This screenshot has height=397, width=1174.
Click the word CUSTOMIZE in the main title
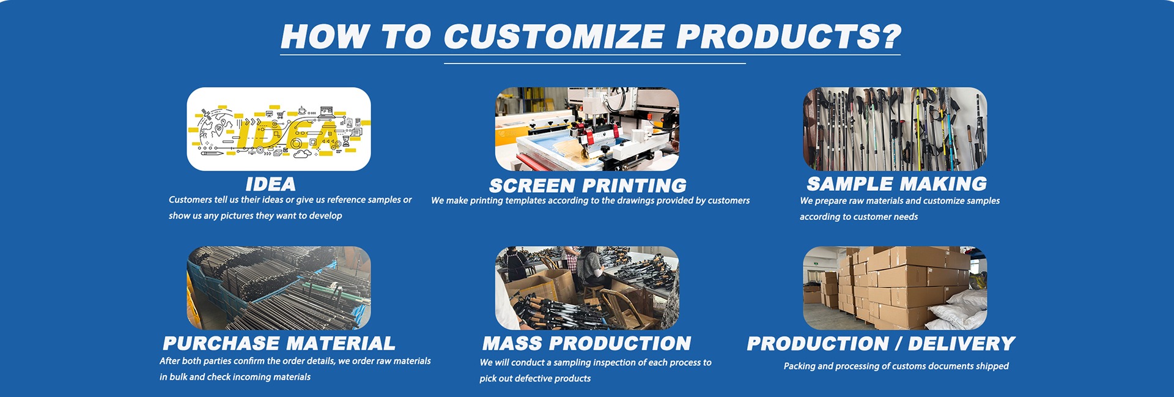pyautogui.click(x=554, y=37)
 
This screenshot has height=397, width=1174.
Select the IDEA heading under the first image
pyautogui.click(x=270, y=184)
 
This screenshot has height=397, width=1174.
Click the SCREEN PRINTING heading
pyautogui.click(x=588, y=185)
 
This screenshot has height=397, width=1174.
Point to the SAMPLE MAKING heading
pyautogui.click(x=896, y=184)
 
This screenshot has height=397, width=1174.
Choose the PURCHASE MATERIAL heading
pyautogui.click(x=279, y=343)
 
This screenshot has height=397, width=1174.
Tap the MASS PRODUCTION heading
pyautogui.click(x=586, y=343)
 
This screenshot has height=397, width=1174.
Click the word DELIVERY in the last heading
pyautogui.click(x=961, y=344)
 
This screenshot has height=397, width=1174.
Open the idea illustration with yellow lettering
pyautogui.click(x=279, y=129)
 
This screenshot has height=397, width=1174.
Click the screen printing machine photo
pyautogui.click(x=587, y=129)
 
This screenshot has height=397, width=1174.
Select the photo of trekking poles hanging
pyautogui.click(x=895, y=129)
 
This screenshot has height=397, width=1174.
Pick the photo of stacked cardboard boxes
pyautogui.click(x=895, y=288)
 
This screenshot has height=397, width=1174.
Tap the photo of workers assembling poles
pyautogui.click(x=587, y=288)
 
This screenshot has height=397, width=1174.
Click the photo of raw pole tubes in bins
pyautogui.click(x=279, y=288)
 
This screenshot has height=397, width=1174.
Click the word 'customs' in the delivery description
pyautogui.click(x=903, y=366)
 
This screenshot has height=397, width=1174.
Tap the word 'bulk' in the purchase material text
pyautogui.click(x=178, y=377)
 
